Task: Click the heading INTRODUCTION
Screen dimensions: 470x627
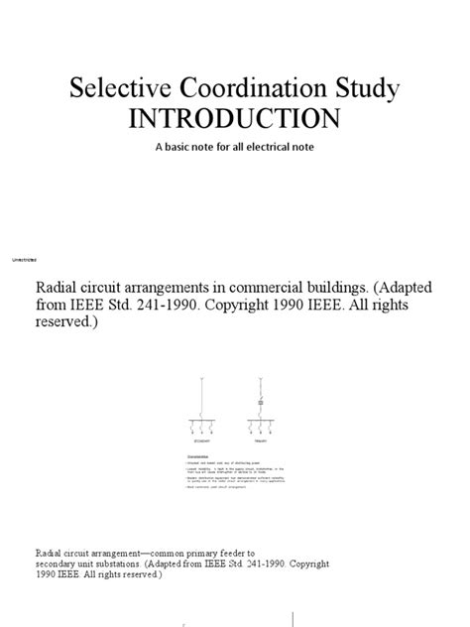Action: (234, 120)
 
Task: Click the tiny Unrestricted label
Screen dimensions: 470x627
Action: (25, 260)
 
